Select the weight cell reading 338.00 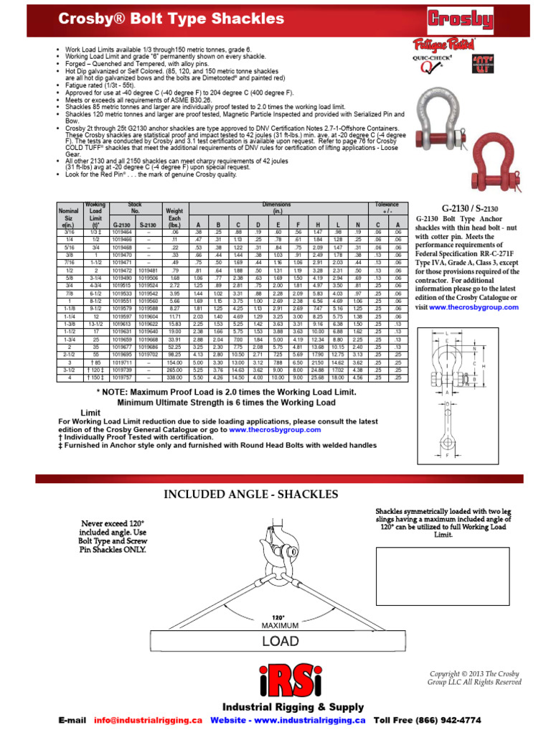click(x=174, y=377)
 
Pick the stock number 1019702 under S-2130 click(x=148, y=354)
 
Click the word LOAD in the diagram click(x=279, y=640)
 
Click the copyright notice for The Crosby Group click(x=475, y=678)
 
